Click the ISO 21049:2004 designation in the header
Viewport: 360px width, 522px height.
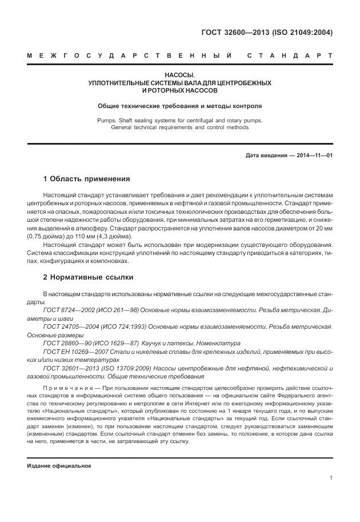(303, 32)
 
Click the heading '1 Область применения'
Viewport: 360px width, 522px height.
(87, 178)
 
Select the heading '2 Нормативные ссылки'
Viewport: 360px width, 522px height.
(88, 277)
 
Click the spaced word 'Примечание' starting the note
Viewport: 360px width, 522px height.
(67, 388)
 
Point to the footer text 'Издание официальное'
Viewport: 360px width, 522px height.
(59, 466)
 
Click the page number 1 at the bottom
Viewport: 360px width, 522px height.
(331, 480)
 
